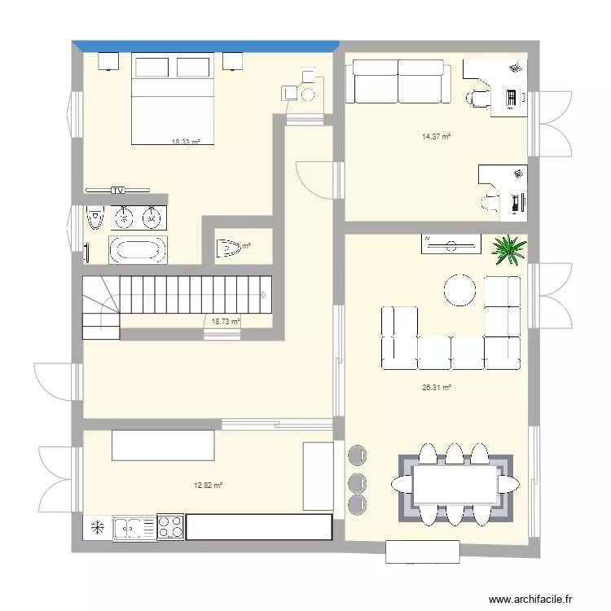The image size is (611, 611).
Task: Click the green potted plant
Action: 510,249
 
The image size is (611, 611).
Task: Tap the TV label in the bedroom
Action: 118,190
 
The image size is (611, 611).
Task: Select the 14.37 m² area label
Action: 436,136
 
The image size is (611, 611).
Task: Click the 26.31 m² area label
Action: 436,388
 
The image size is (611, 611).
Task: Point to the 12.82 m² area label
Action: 208,486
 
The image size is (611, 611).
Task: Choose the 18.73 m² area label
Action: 226,322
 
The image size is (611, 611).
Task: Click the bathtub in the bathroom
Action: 138,249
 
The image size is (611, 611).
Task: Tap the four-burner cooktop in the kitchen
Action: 170,527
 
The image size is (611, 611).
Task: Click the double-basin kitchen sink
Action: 132,528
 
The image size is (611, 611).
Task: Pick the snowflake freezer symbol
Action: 97,527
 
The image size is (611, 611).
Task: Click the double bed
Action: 173,99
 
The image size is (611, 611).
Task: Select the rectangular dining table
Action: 455,484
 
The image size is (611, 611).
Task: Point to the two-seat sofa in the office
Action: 398,82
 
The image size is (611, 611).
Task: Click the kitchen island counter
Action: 163,446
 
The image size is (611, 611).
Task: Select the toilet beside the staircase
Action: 231,248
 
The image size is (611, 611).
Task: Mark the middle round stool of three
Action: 357,482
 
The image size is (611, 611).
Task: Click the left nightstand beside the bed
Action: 108,62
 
